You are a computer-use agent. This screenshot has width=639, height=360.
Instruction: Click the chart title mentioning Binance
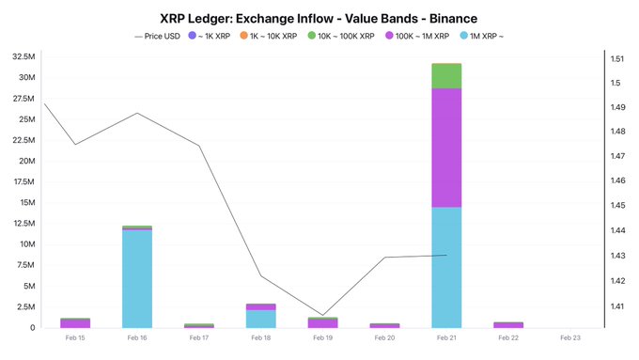pyautogui.click(x=319, y=17)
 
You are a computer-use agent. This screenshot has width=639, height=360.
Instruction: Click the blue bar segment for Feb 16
pyautogui.click(x=137, y=278)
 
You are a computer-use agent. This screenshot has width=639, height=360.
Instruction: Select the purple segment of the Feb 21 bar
pyautogui.click(x=446, y=147)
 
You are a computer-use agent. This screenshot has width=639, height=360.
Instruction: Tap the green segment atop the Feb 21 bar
pyautogui.click(x=446, y=75)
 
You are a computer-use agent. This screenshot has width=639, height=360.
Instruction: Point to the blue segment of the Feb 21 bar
pyautogui.click(x=446, y=267)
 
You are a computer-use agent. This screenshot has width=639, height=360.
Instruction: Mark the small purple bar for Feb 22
pyautogui.click(x=508, y=324)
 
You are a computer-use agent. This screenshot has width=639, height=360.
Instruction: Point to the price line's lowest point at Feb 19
pyautogui.click(x=322, y=315)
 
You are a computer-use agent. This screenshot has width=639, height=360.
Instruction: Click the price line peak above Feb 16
pyautogui.click(x=137, y=113)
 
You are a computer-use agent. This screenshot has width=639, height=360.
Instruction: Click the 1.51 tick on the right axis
pyautogui.click(x=617, y=58)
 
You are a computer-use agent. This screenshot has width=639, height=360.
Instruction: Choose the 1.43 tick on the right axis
pyautogui.click(x=617, y=256)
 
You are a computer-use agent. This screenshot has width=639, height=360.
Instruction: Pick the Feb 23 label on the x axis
pyautogui.click(x=569, y=337)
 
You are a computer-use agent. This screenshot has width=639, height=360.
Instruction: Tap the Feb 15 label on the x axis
pyautogui.click(x=75, y=337)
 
